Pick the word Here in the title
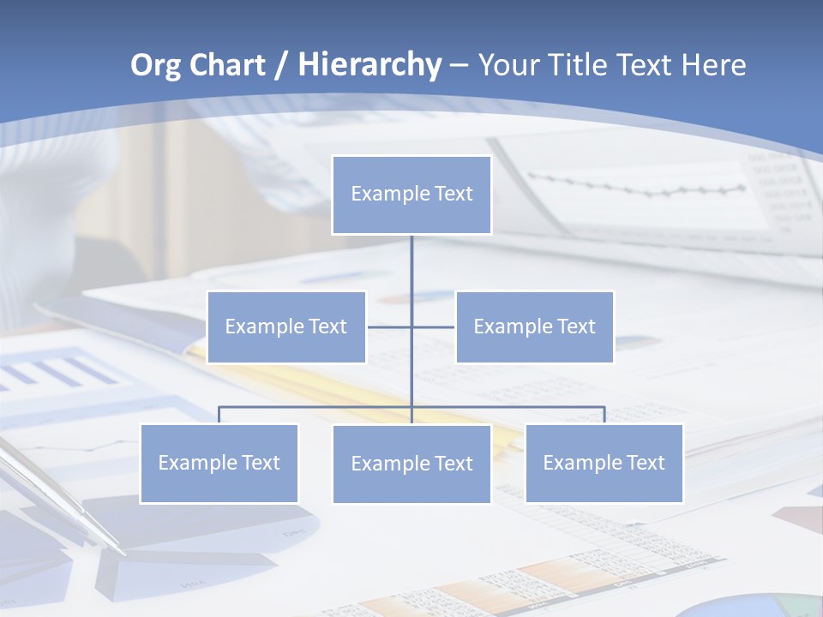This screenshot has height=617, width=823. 713,65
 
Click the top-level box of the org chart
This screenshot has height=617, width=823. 411,195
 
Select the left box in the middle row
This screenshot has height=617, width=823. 286,326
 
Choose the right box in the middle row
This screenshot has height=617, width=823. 534,326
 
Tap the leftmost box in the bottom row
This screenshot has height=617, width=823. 219,463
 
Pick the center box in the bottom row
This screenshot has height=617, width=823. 411,464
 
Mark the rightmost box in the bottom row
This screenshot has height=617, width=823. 604,463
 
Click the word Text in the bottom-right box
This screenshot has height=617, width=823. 644,463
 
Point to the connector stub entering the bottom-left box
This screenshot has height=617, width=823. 219,415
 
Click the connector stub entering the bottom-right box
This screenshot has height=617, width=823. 604,415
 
